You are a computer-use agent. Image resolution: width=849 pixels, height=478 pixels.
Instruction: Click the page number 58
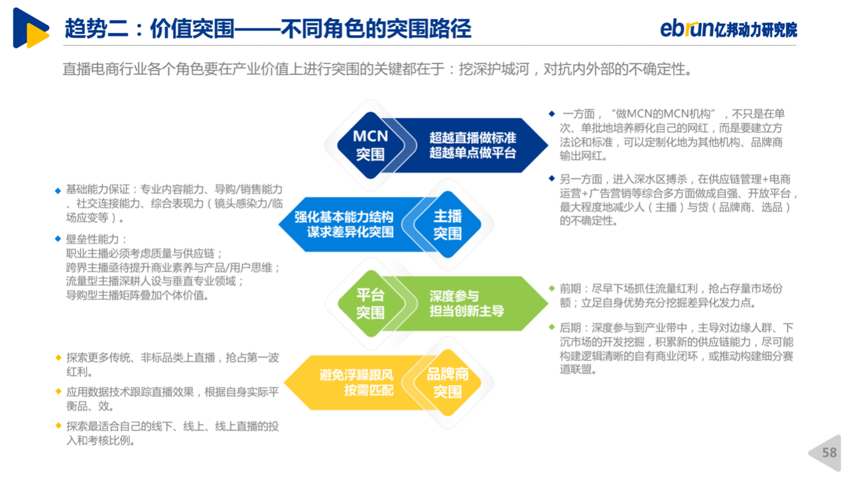[x=829, y=453]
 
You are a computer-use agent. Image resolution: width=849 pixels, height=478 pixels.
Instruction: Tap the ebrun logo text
[x=687, y=28]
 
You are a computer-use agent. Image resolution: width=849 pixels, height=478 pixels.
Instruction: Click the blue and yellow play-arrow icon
[x=31, y=28]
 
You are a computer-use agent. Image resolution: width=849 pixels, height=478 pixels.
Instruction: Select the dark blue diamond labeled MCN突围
[x=371, y=145]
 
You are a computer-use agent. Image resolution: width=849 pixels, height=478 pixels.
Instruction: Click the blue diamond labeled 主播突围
[x=448, y=224]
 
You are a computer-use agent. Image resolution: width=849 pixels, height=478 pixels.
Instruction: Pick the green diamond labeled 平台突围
[x=371, y=303]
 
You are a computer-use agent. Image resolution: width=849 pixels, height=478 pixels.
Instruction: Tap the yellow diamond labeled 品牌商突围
[x=448, y=382]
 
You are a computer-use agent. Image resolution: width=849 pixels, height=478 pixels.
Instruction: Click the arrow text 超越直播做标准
[x=473, y=137]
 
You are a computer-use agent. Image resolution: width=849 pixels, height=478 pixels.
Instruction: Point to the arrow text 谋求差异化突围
[x=350, y=232]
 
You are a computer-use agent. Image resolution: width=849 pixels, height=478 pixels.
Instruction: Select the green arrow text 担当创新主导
[x=466, y=311]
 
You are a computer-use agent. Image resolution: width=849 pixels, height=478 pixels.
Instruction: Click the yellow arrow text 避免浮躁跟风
[x=356, y=375]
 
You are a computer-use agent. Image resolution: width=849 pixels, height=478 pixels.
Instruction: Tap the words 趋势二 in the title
[x=97, y=29]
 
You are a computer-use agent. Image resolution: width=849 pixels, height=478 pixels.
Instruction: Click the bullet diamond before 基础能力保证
[x=58, y=191]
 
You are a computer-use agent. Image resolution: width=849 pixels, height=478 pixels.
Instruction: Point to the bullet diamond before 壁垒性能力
[x=58, y=238]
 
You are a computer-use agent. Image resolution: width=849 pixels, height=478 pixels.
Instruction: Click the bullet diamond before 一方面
[x=552, y=114]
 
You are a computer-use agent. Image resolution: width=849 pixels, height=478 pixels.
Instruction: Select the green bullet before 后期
[x=552, y=327]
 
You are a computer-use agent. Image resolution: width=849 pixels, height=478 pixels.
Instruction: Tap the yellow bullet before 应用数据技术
[x=58, y=391]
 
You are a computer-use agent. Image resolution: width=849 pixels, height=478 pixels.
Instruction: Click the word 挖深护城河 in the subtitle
[x=494, y=70]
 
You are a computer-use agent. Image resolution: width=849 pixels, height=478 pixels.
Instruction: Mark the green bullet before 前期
[x=552, y=288]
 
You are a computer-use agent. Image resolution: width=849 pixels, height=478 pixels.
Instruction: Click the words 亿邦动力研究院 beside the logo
[x=755, y=29]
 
